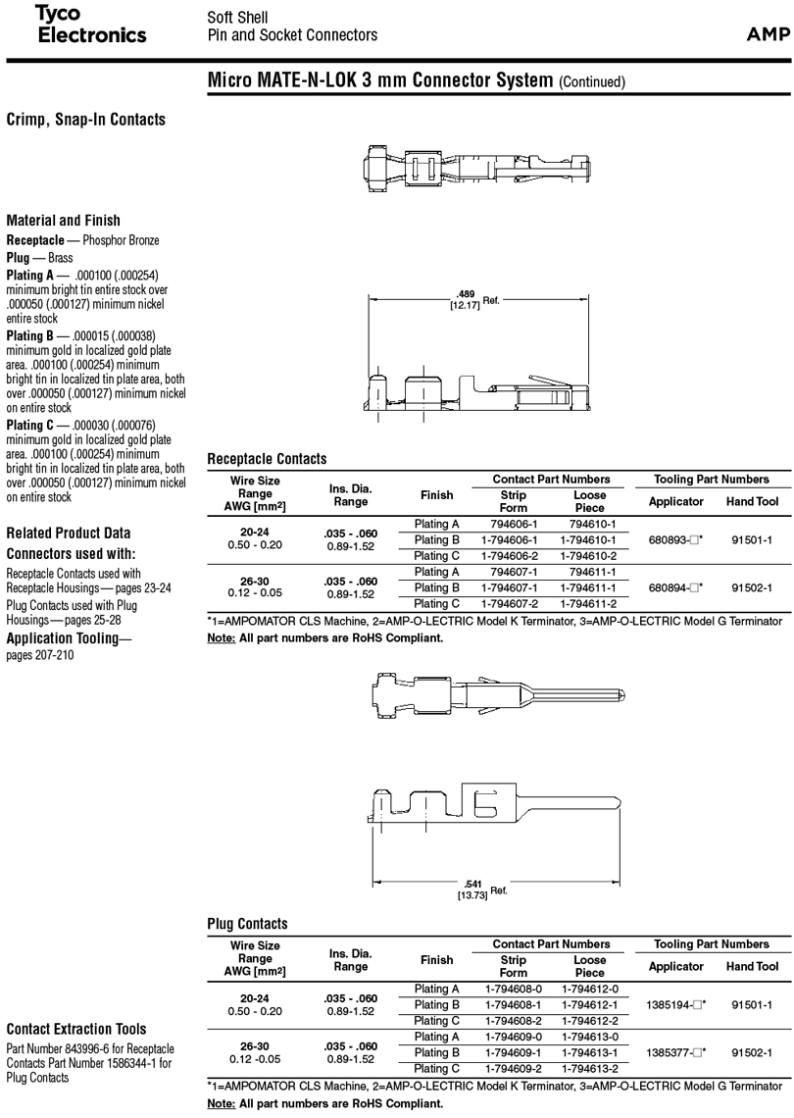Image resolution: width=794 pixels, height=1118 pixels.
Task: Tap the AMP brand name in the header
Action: (768, 35)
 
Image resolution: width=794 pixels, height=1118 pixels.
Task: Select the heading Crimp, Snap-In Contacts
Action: (85, 120)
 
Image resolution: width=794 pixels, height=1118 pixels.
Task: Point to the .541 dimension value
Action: (472, 885)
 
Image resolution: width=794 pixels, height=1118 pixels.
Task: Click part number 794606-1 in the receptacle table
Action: (513, 525)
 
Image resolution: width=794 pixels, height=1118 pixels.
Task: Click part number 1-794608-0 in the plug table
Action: (513, 989)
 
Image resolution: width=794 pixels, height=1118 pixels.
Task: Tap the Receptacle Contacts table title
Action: (267, 459)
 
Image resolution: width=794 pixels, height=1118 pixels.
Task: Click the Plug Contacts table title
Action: (247, 924)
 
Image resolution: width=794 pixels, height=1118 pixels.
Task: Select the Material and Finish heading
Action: (63, 221)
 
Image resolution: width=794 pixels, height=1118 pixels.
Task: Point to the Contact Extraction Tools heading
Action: (76, 1029)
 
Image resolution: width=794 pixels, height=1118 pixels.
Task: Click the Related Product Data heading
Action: (68, 534)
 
